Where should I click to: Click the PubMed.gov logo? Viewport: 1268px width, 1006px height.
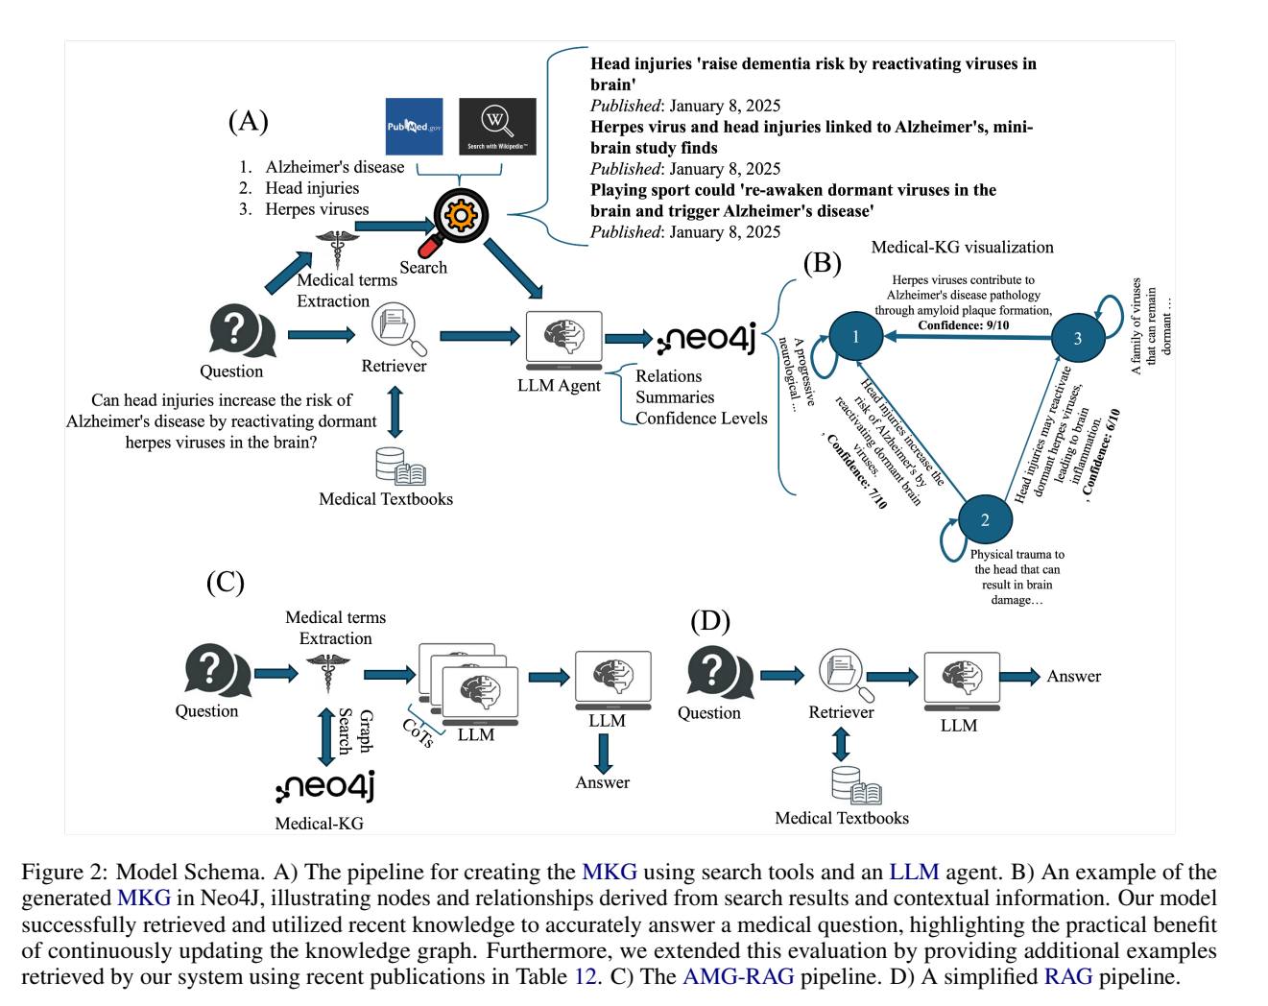[x=414, y=126]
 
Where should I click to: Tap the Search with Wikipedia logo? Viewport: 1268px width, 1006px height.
[x=497, y=126]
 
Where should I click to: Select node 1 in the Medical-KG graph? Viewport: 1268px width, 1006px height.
[x=855, y=336]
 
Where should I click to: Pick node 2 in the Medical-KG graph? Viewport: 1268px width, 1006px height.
[x=985, y=519]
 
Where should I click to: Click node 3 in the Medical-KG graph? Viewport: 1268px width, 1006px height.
[x=1078, y=338]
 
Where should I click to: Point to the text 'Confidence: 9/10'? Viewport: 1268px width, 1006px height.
[x=964, y=325]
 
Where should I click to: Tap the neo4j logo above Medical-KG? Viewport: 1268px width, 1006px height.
[x=325, y=785]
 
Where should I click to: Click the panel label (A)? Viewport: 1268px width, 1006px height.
[x=248, y=121]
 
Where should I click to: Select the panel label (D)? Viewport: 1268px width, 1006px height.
[x=710, y=621]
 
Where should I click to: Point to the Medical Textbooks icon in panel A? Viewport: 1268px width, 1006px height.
[x=400, y=467]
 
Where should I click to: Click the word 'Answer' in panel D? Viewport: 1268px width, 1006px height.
[x=1073, y=676]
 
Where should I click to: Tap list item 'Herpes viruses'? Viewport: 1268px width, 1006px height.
[x=317, y=209]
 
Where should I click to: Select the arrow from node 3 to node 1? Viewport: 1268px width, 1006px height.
[x=969, y=337]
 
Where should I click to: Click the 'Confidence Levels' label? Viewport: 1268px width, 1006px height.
[x=701, y=418]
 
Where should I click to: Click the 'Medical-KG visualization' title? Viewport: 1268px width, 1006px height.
[x=962, y=247]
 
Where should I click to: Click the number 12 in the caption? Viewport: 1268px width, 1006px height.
[x=586, y=976]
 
